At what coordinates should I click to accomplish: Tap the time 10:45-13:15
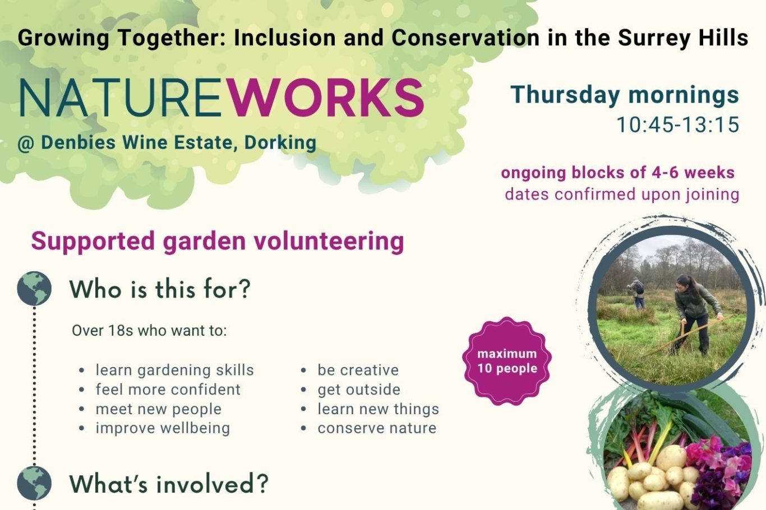(x=678, y=125)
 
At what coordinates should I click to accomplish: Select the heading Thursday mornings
(x=625, y=95)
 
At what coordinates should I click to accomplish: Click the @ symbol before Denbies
(x=26, y=143)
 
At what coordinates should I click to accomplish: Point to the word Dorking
(x=280, y=143)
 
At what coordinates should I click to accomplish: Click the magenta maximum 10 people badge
(x=507, y=361)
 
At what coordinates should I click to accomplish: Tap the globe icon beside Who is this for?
(x=34, y=288)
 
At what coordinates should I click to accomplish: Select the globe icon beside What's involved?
(x=34, y=483)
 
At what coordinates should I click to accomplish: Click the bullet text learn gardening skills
(x=175, y=370)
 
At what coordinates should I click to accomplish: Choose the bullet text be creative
(x=358, y=370)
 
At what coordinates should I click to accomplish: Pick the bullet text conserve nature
(x=377, y=428)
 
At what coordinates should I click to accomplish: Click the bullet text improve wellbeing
(x=163, y=429)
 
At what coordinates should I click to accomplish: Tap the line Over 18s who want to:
(x=149, y=331)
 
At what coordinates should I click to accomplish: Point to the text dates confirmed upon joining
(x=622, y=194)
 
